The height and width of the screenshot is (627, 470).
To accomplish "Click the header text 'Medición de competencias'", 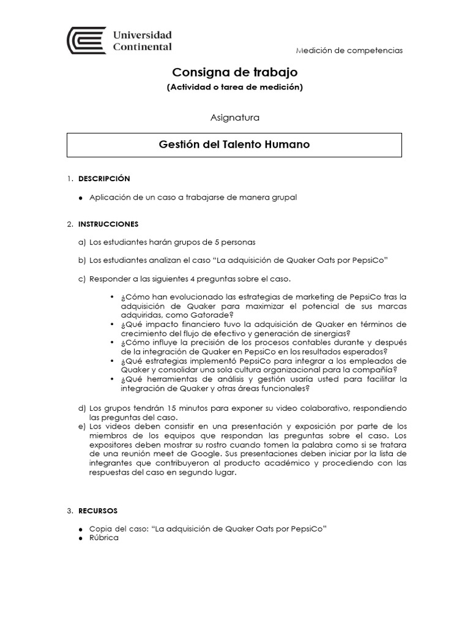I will point(349,50).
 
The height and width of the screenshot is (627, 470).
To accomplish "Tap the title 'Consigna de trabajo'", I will point(234,72).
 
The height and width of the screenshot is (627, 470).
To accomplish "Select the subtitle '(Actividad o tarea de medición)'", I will point(234,87).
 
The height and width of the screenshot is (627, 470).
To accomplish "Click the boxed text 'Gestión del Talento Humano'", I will point(234,145).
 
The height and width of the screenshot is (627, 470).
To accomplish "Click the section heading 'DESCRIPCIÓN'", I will point(104,178).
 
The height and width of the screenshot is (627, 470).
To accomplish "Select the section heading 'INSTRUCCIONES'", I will point(108,224).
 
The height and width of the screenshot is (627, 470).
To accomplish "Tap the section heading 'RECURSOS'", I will point(98,510).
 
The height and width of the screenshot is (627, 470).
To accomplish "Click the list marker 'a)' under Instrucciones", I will point(82,242).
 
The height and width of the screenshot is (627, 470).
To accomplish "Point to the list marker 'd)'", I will point(82,408).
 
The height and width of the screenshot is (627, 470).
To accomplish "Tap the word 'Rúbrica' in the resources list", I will point(103,538).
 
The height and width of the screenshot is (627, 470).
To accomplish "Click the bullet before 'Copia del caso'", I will point(81,528).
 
